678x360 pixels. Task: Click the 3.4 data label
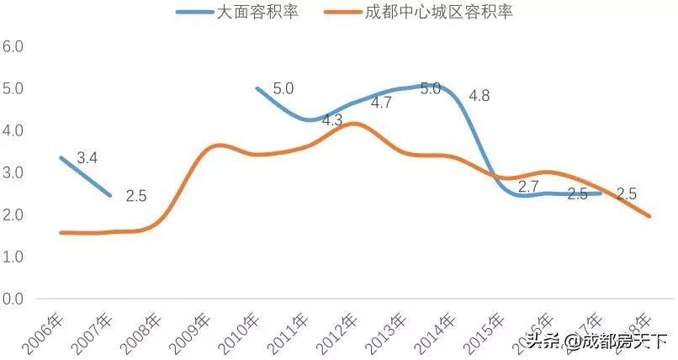[x=87, y=157]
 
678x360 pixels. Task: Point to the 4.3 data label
[x=332, y=120]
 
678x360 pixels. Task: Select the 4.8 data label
[x=479, y=95]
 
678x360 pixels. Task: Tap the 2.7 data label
[x=528, y=187]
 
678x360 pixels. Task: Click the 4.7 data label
[x=381, y=103]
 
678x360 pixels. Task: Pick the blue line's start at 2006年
[x=61, y=157]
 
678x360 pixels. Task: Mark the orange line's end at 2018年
[x=649, y=216]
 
